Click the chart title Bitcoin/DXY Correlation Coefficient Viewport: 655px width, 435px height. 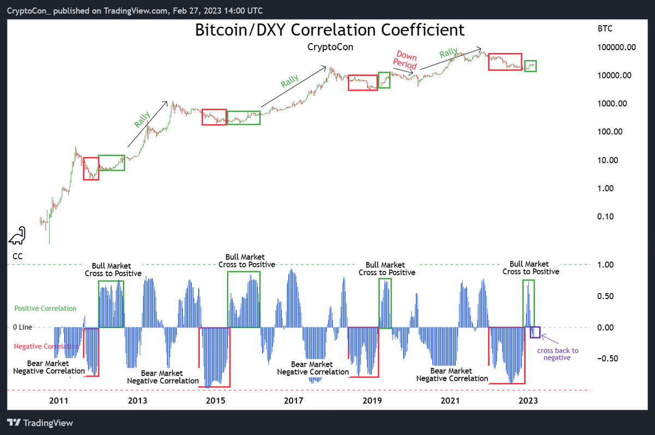[x=330, y=29]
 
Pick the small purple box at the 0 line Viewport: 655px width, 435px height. [x=535, y=332]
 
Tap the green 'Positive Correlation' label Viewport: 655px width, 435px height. [x=45, y=308]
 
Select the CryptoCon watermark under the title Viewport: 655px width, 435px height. [x=330, y=47]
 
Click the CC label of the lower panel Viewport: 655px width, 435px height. [x=17, y=256]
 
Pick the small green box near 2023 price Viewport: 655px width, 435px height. [x=531, y=66]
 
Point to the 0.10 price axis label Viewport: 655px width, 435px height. [x=614, y=217]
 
